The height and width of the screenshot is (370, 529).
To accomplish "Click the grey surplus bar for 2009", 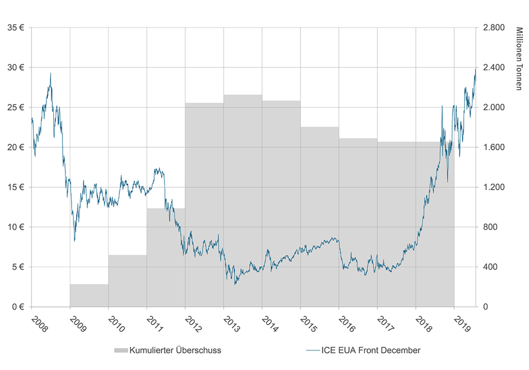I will click(89, 295).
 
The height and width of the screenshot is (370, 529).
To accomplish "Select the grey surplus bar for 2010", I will click(128, 280).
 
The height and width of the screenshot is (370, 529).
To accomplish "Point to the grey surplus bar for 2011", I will click(166, 257).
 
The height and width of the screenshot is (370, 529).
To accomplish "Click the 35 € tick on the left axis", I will click(15, 27).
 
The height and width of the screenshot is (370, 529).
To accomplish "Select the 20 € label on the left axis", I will click(15, 147).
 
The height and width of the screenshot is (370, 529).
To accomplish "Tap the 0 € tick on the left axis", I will click(17, 307).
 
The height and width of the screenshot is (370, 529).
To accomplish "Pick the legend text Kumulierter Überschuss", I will click(175, 351).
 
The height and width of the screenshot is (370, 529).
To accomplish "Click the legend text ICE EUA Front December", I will click(370, 351).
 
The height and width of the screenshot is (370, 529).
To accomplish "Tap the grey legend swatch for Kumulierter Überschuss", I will click(120, 351).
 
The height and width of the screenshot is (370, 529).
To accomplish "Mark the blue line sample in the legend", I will click(312, 351).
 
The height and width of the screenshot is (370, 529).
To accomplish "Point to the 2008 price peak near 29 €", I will click(50, 73).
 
